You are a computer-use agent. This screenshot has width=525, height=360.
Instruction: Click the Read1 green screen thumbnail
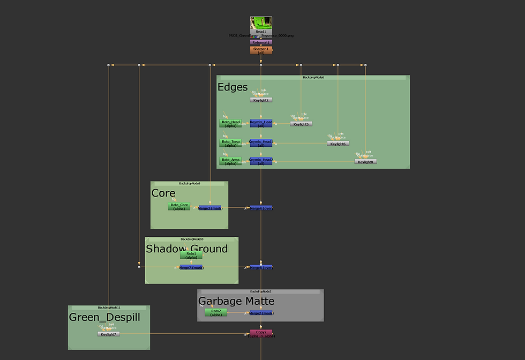(x=261, y=23)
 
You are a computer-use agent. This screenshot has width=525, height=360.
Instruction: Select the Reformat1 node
(x=261, y=42)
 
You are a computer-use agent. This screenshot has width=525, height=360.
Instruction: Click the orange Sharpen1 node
(x=261, y=50)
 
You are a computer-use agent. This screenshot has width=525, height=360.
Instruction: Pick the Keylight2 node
(x=261, y=100)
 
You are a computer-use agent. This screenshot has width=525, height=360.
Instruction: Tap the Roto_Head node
(x=230, y=123)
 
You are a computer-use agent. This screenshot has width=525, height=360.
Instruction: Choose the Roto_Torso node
(x=230, y=143)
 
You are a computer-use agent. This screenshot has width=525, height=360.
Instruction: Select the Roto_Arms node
(x=230, y=161)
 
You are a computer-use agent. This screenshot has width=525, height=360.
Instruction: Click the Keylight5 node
(x=301, y=124)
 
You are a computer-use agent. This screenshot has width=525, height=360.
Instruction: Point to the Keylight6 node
(x=338, y=144)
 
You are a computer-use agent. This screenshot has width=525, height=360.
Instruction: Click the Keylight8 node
(x=365, y=161)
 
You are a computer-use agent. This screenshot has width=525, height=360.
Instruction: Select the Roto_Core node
(x=179, y=206)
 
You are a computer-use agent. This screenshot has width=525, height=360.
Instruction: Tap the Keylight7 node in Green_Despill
(x=108, y=334)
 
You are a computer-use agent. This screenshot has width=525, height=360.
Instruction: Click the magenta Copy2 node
(x=261, y=333)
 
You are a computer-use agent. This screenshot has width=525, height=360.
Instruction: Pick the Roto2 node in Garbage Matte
(x=216, y=312)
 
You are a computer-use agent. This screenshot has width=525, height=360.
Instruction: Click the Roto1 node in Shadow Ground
(x=191, y=255)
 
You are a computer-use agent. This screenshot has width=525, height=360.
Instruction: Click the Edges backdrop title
(x=232, y=87)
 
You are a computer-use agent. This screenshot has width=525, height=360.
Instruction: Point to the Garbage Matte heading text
(x=236, y=301)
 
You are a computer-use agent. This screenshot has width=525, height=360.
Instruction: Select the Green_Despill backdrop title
(x=104, y=317)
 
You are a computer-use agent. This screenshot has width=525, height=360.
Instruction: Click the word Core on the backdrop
(x=163, y=193)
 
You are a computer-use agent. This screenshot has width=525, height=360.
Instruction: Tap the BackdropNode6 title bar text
(x=313, y=78)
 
